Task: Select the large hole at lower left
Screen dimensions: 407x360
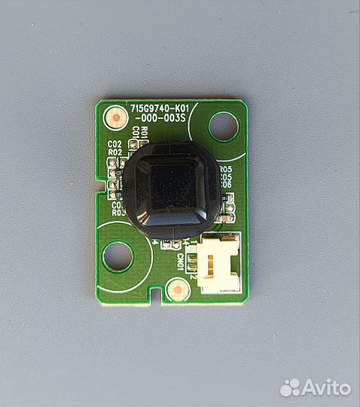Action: tap(117, 256)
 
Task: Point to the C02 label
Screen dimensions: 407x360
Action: tap(114, 144)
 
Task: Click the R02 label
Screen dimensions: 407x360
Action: tap(114, 152)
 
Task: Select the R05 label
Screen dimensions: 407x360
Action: tap(225, 170)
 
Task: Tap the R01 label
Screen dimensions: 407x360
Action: tap(144, 133)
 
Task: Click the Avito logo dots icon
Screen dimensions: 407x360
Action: tap(290, 388)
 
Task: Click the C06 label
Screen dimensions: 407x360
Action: tap(225, 185)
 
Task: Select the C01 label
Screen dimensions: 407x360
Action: tap(136, 133)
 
